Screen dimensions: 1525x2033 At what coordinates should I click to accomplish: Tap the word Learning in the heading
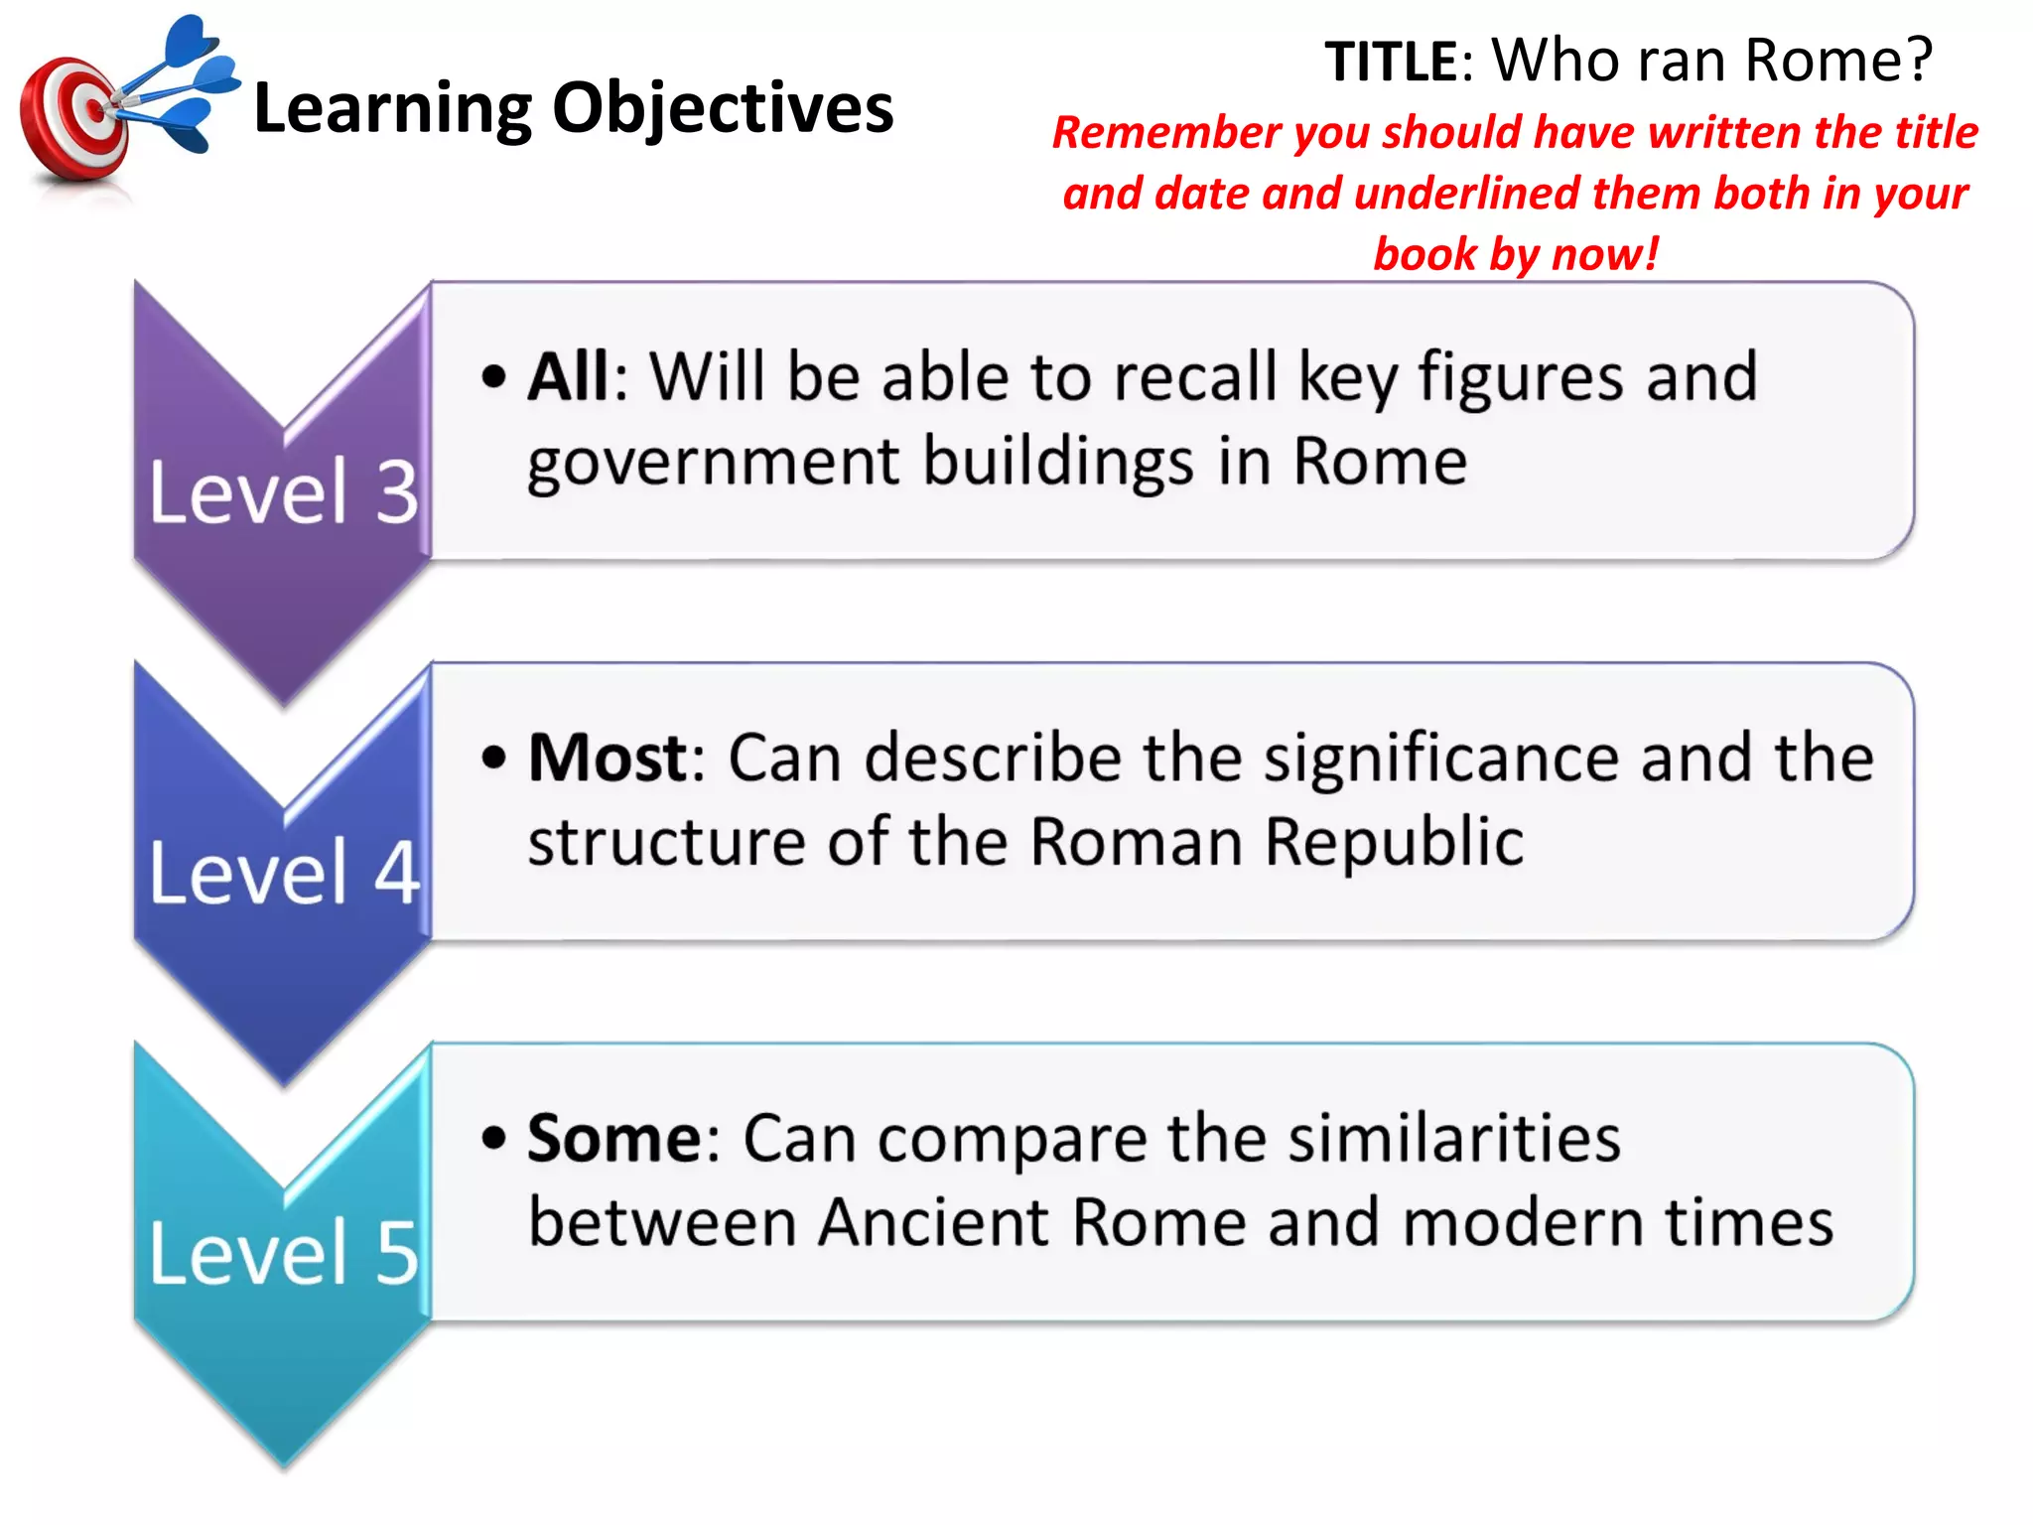[393, 109]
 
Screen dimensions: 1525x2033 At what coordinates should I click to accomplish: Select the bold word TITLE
[1390, 62]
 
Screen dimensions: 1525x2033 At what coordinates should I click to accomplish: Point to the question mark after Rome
[1918, 60]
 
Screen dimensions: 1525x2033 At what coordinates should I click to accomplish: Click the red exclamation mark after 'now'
[1651, 253]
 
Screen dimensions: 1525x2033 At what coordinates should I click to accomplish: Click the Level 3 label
[284, 491]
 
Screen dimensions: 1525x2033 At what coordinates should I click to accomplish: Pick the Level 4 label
[284, 873]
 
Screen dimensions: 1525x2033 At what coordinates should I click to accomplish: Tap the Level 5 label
[284, 1253]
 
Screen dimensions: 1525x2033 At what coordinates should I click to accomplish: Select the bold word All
[569, 377]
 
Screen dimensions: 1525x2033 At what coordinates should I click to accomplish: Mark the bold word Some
[613, 1139]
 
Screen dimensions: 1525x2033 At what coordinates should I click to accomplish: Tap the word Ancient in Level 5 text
[934, 1222]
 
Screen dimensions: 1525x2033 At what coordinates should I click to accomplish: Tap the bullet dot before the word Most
[493, 759]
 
